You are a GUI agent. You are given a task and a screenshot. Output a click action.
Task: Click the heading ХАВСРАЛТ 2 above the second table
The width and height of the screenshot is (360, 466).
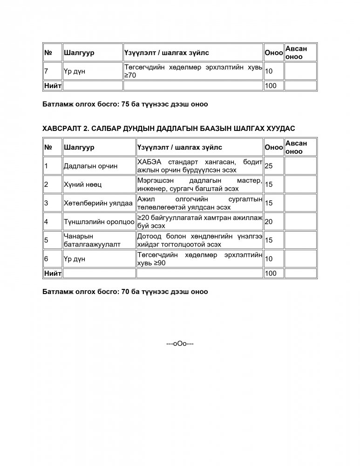tap(169, 128)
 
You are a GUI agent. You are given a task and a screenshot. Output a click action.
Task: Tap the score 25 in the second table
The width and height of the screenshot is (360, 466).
tap(269, 166)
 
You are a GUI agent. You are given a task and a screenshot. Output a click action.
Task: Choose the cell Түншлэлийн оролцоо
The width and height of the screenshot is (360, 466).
tap(99, 222)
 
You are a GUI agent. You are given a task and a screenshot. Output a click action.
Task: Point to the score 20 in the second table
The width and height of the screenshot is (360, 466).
tap(269, 222)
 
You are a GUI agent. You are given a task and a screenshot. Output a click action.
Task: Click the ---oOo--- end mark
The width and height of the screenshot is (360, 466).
tap(180, 344)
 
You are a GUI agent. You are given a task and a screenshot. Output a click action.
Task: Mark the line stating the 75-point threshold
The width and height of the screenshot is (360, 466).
tap(125, 104)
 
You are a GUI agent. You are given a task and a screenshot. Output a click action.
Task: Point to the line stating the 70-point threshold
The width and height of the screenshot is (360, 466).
tap(125, 292)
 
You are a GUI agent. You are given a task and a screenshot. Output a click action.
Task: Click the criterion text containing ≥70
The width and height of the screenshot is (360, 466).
tap(193, 71)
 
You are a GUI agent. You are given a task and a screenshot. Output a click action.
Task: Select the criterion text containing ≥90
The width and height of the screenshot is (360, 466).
tap(199, 259)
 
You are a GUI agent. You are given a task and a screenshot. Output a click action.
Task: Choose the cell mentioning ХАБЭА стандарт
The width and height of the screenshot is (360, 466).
tap(199, 166)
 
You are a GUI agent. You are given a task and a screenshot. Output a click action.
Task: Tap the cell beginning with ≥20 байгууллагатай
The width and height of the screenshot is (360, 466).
tap(199, 222)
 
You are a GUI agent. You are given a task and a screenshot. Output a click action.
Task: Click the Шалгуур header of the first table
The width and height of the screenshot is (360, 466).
tap(79, 53)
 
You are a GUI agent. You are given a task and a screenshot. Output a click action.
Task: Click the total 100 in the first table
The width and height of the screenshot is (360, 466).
tap(271, 86)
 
